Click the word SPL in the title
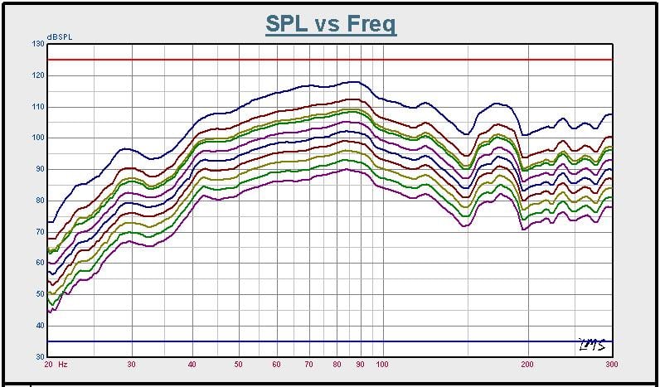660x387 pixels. coord(287,23)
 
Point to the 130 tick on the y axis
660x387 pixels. coord(38,44)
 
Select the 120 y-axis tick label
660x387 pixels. coord(38,75)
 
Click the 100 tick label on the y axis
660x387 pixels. coord(38,138)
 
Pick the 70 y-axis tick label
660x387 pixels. coord(40,232)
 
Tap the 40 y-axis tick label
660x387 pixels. coord(40,326)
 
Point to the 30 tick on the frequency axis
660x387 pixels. coord(131,364)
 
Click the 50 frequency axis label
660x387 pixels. coord(238,364)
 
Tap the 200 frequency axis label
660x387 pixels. coord(527,364)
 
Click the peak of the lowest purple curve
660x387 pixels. coord(348,169)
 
